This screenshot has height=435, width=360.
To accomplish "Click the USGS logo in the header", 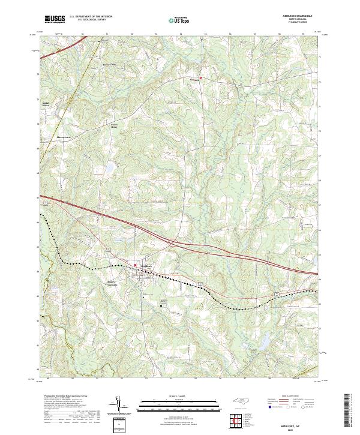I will pos(53,19).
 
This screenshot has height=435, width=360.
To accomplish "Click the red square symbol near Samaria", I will pos(201,78).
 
